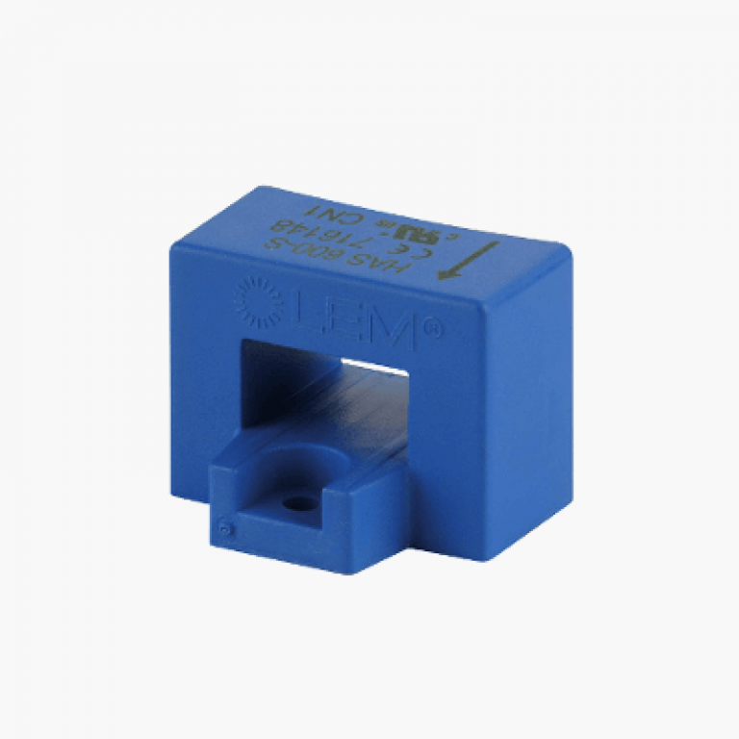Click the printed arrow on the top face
[469, 261]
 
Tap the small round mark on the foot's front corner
[224, 526]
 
